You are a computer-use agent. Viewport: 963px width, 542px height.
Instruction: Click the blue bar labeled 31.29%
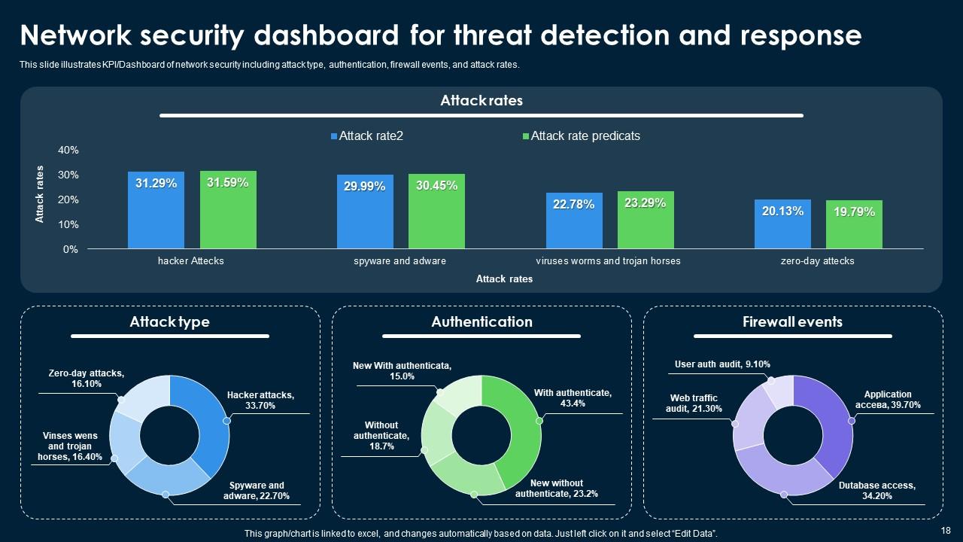[156, 210]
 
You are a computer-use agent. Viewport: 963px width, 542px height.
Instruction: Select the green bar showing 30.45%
[436, 212]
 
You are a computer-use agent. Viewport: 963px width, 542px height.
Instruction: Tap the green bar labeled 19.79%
[854, 224]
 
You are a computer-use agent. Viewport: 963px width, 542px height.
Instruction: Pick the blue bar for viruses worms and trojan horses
[574, 221]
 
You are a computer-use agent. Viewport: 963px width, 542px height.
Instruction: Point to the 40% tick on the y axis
[68, 151]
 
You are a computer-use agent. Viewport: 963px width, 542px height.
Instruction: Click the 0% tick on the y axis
[70, 249]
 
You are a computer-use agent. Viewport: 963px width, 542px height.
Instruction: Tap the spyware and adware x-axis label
[399, 261]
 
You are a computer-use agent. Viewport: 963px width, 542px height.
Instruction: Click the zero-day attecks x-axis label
[817, 261]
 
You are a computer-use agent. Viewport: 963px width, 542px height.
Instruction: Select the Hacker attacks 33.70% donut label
[260, 400]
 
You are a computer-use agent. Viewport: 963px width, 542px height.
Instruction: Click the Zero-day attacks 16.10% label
[86, 378]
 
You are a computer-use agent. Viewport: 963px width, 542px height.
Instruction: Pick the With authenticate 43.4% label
[573, 397]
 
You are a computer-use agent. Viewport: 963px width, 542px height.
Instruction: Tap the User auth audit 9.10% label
[722, 364]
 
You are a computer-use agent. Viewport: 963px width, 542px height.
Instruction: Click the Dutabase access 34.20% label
[877, 491]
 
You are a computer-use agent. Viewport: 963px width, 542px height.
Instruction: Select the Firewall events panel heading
[792, 322]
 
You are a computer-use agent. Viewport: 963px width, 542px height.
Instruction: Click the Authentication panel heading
[481, 322]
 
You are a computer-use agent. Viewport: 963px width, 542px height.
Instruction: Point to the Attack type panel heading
[169, 322]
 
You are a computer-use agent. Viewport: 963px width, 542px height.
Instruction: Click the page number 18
[946, 531]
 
